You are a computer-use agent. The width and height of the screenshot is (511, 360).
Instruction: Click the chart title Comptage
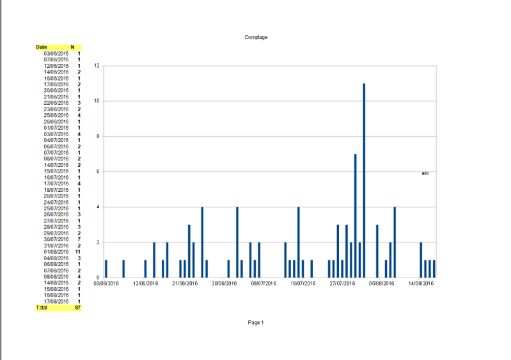click(x=256, y=37)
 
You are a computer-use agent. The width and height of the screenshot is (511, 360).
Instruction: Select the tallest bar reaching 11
click(x=364, y=180)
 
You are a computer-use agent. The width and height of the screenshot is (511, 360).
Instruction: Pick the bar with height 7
click(x=355, y=215)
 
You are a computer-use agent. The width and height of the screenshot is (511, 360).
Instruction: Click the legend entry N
click(x=425, y=173)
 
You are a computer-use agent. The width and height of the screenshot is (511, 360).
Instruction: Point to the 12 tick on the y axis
click(x=96, y=66)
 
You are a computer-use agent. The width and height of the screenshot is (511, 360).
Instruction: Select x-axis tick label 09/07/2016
click(x=263, y=283)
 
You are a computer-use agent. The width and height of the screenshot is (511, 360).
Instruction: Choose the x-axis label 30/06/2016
click(x=224, y=283)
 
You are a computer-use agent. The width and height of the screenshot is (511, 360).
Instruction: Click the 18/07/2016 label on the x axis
click(x=303, y=283)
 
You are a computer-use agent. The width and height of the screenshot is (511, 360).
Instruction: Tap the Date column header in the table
click(x=42, y=47)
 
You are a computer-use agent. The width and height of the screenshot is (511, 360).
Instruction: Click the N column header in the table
click(x=72, y=47)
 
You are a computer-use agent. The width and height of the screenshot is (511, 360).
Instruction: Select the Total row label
click(x=42, y=308)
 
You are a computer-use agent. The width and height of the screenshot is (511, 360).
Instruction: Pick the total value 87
click(x=77, y=308)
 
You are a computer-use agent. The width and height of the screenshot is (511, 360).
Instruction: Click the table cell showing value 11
click(x=77, y=252)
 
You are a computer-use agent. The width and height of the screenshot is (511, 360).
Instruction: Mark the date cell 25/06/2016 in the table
click(x=56, y=115)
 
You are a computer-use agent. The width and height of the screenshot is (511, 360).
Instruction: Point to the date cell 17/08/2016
click(x=56, y=301)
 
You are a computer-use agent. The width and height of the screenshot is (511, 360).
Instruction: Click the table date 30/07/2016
click(x=56, y=239)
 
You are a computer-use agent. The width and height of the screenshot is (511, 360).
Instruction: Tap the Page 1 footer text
click(x=256, y=323)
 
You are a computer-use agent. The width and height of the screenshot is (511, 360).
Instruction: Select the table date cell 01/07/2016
click(x=56, y=128)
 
